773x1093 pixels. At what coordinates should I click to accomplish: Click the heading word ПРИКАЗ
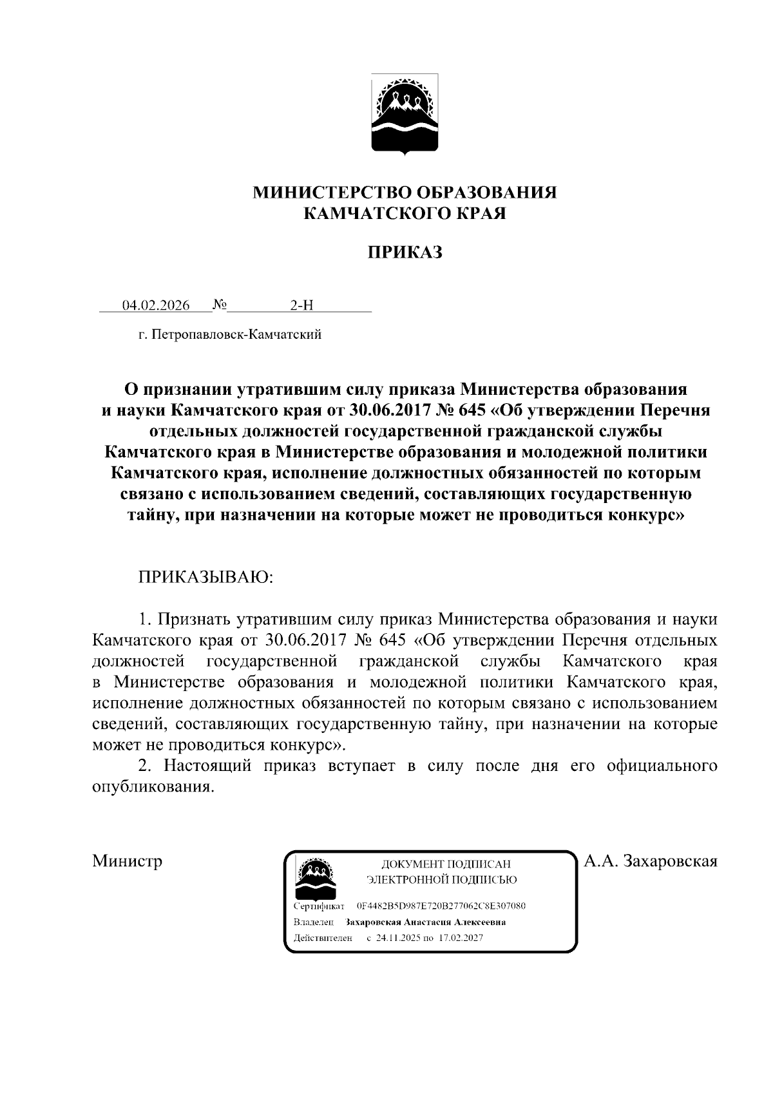click(405, 252)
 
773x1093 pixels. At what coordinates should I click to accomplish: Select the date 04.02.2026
click(156, 305)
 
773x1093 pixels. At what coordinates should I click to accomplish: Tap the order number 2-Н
click(301, 305)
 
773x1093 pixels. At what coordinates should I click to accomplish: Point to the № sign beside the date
click(218, 305)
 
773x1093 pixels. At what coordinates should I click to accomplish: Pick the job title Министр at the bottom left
click(127, 861)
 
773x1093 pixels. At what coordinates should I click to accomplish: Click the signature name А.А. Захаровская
click(650, 861)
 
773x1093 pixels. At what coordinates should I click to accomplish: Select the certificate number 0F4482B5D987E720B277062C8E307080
click(441, 906)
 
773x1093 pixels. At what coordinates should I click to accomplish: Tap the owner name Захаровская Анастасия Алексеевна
click(425, 922)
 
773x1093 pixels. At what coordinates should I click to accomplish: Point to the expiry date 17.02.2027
click(461, 938)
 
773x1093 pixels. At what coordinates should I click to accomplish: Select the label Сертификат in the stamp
click(318, 906)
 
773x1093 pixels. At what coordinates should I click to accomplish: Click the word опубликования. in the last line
click(152, 787)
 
